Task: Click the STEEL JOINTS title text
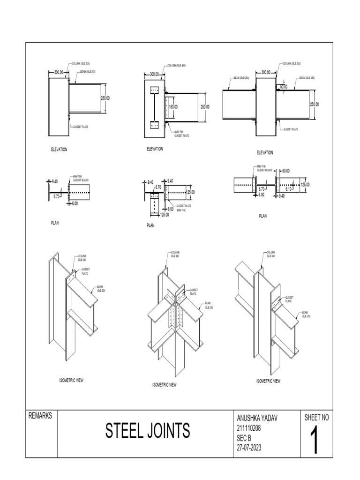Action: [148, 430]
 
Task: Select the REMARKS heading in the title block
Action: [41, 416]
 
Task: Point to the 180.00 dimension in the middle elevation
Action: [173, 107]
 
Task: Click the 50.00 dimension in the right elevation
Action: [284, 87]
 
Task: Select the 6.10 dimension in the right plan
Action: [289, 189]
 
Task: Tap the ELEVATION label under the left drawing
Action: [59, 150]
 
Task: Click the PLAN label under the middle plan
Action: [150, 225]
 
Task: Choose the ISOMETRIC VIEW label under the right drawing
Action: [268, 381]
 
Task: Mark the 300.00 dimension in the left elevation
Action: [58, 73]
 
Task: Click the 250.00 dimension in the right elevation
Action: [314, 104]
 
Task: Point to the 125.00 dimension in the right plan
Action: [305, 185]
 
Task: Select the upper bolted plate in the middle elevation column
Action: [154, 90]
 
